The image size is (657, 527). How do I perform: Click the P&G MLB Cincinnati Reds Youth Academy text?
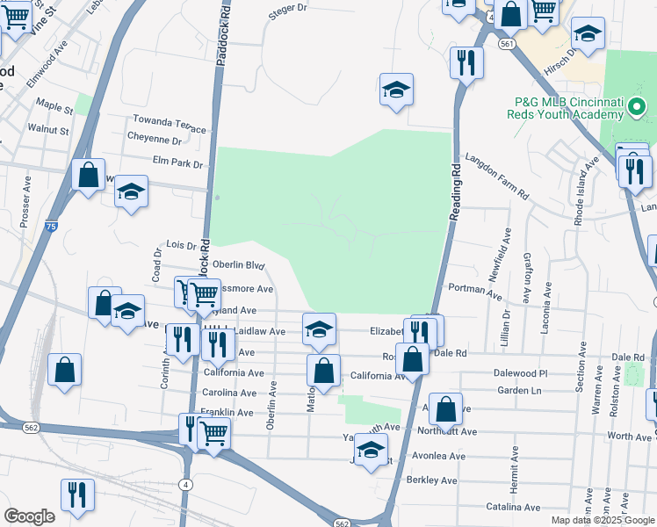point(569,107)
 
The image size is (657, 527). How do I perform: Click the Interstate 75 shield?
point(53,227)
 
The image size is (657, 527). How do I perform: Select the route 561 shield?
point(505,42)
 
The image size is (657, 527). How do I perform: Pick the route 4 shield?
point(186,484)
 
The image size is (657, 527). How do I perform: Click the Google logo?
point(29,516)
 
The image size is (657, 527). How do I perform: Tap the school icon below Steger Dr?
point(397,90)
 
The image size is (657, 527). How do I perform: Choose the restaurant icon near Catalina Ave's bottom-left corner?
point(77,495)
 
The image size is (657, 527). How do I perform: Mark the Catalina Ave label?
point(514,507)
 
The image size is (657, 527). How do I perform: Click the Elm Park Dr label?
point(177,163)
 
